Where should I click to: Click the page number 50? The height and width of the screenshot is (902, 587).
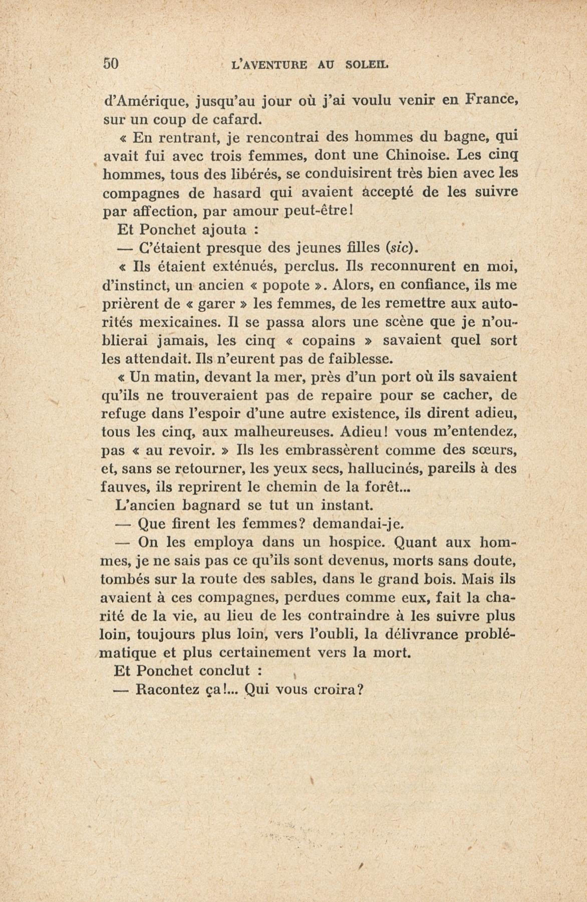click(111, 64)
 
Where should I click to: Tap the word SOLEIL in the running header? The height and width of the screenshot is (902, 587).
click(367, 65)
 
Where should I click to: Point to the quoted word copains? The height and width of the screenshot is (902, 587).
click(329, 341)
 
